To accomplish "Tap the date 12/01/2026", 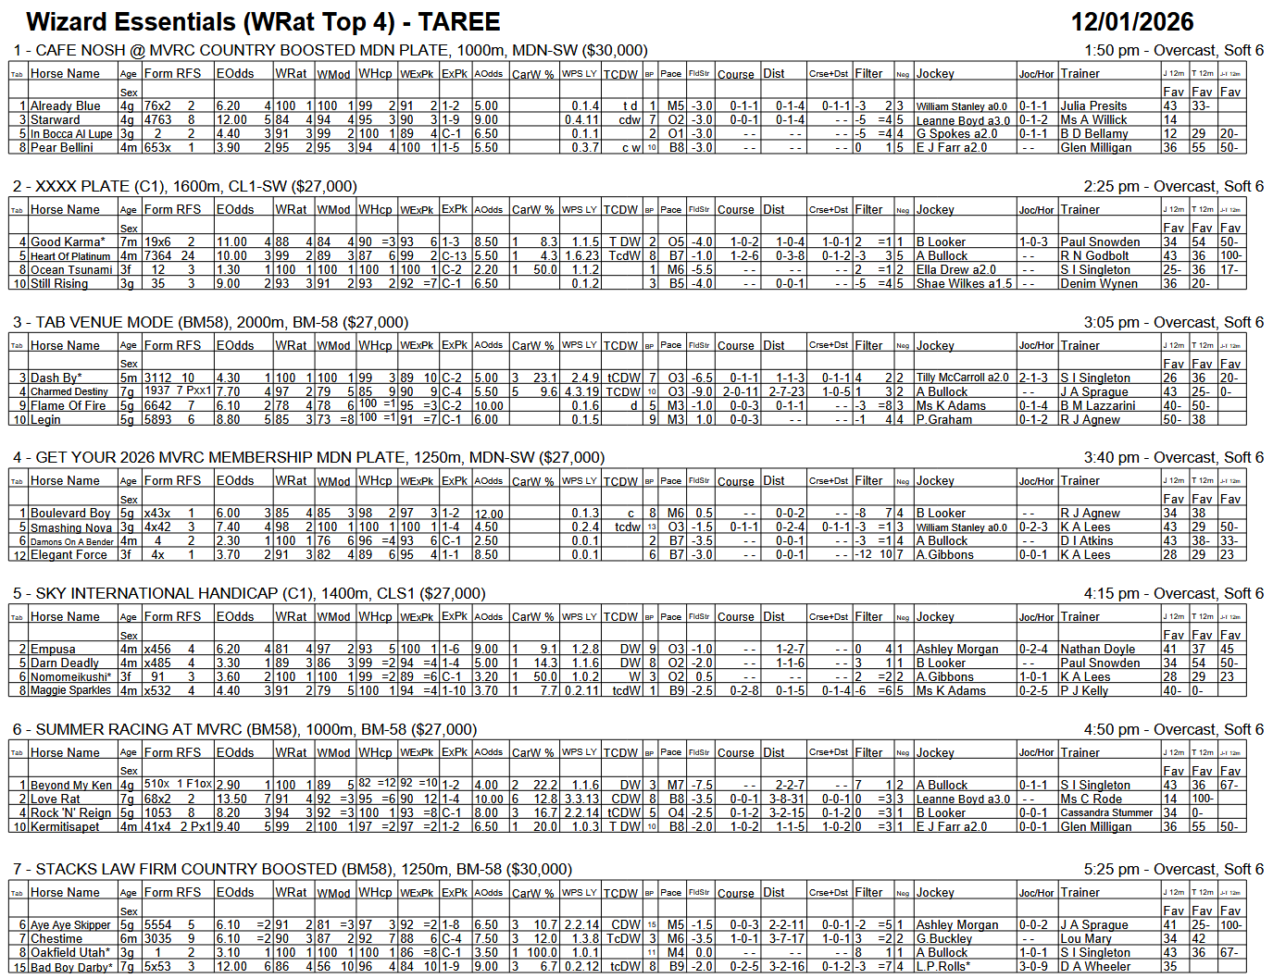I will [x=1131, y=22].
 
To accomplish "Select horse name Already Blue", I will [x=66, y=106].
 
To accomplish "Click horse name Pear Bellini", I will [x=62, y=148].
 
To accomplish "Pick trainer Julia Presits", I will [x=1093, y=106].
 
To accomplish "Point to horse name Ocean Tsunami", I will [x=71, y=270].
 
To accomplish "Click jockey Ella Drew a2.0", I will [x=956, y=270].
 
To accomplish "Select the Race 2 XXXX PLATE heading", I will [x=185, y=187].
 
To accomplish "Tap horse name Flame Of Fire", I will [x=69, y=406].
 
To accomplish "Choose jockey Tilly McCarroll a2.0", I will [x=962, y=378].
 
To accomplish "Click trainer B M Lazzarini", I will [x=1097, y=406].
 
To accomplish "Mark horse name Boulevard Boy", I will [x=70, y=514].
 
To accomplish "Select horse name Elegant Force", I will [x=69, y=555].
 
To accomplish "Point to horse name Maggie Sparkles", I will [x=70, y=691].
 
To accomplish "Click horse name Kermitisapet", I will [x=65, y=827].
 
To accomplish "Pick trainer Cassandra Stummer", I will [x=1106, y=813].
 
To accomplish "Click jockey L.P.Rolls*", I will [x=943, y=967].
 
